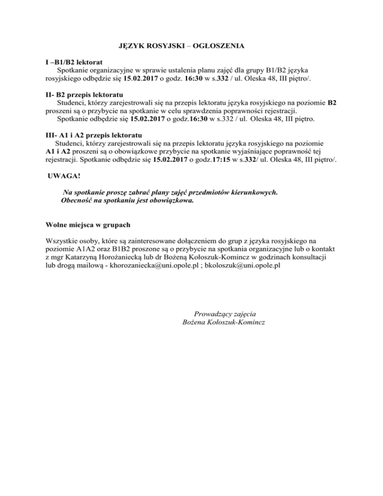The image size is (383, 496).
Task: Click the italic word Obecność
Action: click(79, 201)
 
